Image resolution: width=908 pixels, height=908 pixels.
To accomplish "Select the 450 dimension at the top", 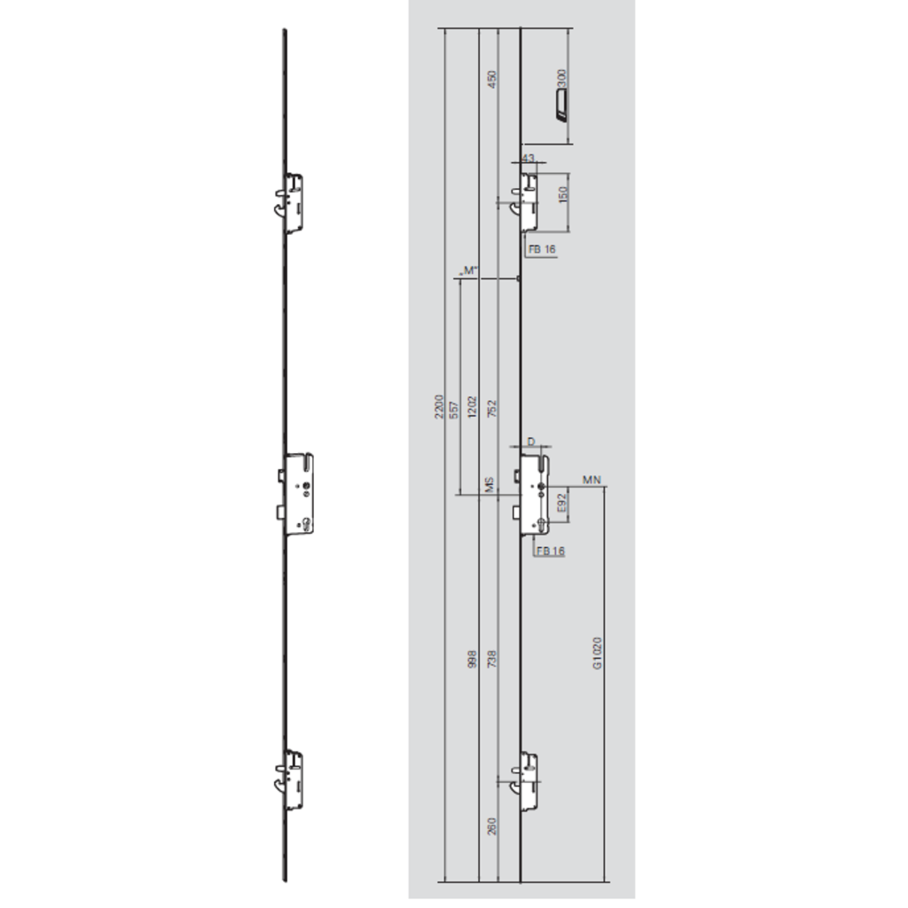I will pyautogui.click(x=492, y=80).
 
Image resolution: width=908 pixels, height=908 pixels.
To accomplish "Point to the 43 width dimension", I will pyautogui.click(x=529, y=158).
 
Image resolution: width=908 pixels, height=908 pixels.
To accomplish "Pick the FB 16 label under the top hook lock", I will pyautogui.click(x=542, y=250).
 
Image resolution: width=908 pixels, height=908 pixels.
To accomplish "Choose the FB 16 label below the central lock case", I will pyautogui.click(x=551, y=552).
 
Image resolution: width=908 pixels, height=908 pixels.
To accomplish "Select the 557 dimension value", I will pyautogui.click(x=454, y=409).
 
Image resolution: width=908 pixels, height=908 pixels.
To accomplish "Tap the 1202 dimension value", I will pyautogui.click(x=473, y=409).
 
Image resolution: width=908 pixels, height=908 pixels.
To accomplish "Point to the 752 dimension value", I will pyautogui.click(x=492, y=409).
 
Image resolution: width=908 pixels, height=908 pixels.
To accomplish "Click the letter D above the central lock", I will pyautogui.click(x=530, y=441).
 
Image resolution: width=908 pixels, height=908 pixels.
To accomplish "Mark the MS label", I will pyautogui.click(x=488, y=485).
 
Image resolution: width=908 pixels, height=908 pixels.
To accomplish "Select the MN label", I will pyautogui.click(x=592, y=480).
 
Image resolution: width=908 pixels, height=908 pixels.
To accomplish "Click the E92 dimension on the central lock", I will pyautogui.click(x=561, y=506).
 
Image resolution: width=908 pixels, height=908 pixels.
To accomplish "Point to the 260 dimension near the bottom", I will pyautogui.click(x=492, y=826).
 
